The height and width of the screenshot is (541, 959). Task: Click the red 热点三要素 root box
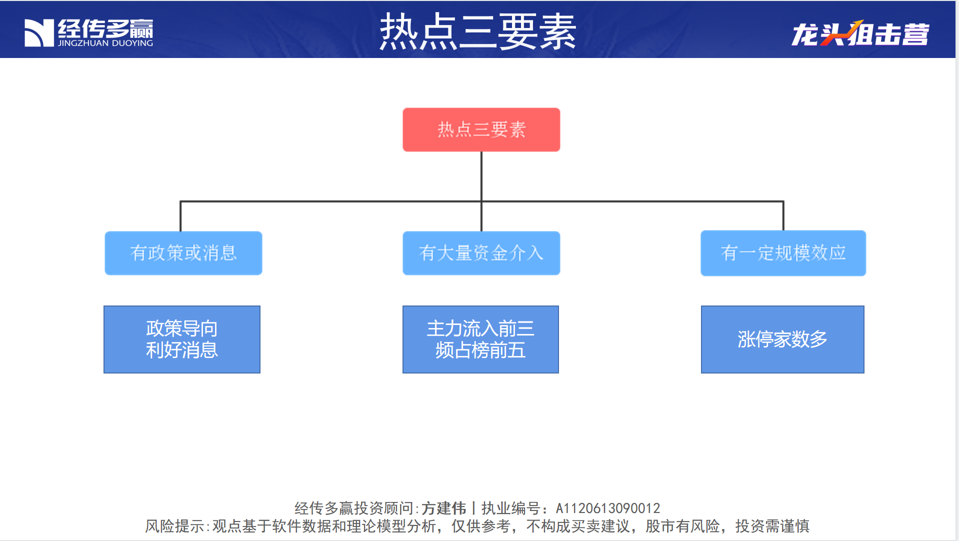pos(481,129)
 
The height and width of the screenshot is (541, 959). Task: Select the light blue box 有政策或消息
pos(183,253)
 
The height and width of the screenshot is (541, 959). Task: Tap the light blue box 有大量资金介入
pos(481,253)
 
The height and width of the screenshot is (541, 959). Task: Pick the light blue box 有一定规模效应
pos(783,253)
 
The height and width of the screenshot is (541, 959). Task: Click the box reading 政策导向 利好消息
pos(182,339)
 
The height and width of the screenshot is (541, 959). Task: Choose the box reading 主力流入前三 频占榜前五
pos(480,339)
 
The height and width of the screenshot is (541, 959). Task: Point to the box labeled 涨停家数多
pos(782,339)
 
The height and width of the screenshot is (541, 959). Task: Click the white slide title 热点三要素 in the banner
pos(478,31)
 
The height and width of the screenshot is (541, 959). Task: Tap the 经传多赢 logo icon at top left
pos(39,33)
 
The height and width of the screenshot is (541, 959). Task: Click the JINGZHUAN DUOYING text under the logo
pos(105,43)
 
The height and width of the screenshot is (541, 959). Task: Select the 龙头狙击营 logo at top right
pos(860,33)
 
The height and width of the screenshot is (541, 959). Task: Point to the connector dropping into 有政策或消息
pos(180,216)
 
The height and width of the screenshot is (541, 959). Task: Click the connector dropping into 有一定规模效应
pos(783,216)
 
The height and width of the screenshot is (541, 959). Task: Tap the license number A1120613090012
pos(608,508)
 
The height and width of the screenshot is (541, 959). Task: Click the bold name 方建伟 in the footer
pos(443,508)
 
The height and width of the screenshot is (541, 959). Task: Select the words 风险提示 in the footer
pos(174,526)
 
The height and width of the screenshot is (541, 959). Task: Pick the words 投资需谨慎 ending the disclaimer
pos(772,526)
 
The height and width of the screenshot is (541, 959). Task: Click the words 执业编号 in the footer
pos(511,508)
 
